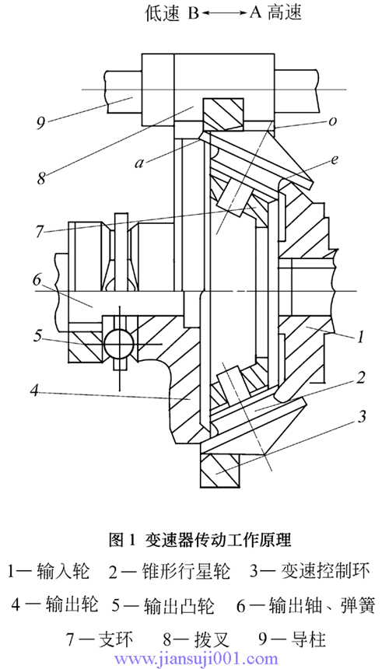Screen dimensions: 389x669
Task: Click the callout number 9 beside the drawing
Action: pos(41,124)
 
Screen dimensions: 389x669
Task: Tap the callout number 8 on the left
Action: pos(41,177)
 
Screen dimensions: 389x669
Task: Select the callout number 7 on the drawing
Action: pos(39,232)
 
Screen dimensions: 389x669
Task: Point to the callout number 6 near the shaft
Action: pos(37,280)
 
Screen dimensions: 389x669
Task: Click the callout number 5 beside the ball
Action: pos(38,336)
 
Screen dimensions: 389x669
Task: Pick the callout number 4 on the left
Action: pos(35,391)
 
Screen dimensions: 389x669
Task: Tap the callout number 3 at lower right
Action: pos(361,416)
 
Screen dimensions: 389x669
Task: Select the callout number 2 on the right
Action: pos(361,377)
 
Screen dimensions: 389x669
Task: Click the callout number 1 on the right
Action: pos(360,338)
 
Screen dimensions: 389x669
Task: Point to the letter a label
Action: pos(139,163)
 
